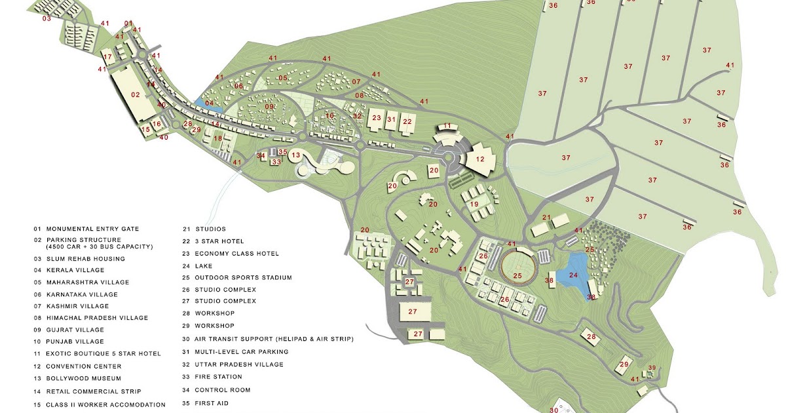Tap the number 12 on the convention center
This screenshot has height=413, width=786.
[480, 159]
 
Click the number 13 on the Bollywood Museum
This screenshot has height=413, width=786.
[296, 155]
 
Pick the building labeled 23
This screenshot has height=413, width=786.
[376, 119]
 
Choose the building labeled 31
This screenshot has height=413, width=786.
[392, 119]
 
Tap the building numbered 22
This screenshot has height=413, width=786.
[407, 121]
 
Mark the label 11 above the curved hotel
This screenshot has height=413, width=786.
[447, 126]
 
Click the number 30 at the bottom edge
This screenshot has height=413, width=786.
[553, 410]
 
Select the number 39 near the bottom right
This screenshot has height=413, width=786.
[652, 367]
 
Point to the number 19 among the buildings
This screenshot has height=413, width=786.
[474, 205]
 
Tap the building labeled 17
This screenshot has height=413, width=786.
[108, 58]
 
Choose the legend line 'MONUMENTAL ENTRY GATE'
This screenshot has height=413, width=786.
[92, 229]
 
